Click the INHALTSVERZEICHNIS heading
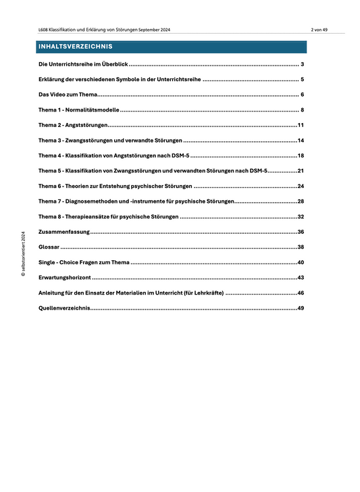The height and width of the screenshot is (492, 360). [76, 47]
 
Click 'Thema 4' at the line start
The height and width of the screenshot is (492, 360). [50, 155]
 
